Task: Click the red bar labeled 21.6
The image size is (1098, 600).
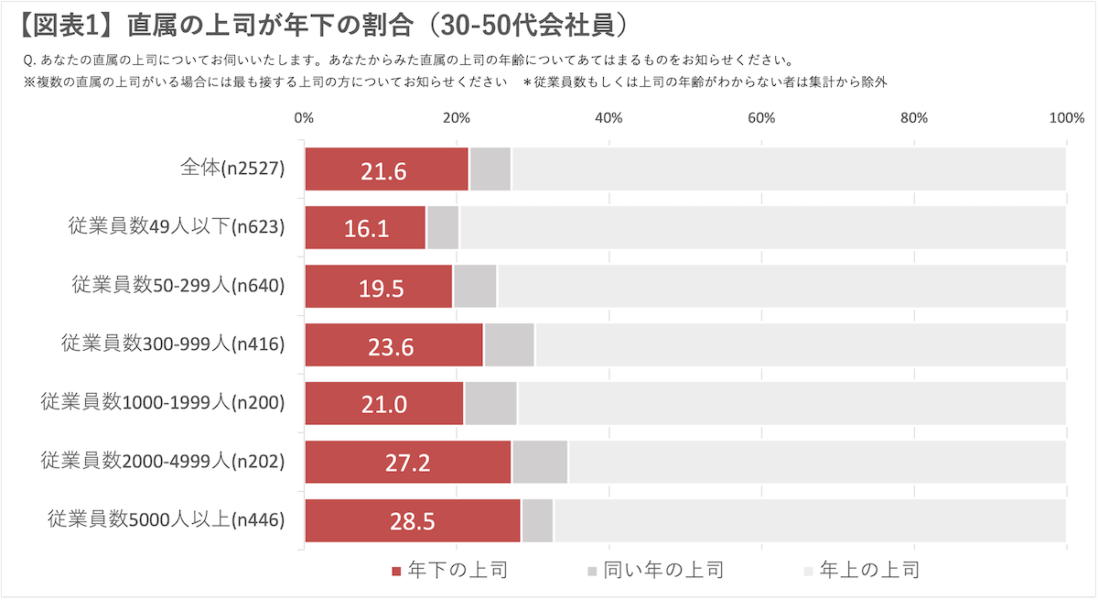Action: click(385, 169)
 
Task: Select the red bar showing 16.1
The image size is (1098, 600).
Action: click(365, 228)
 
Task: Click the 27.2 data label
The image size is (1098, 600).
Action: click(407, 463)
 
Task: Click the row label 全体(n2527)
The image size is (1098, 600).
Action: click(233, 169)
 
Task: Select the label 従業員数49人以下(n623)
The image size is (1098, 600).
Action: click(177, 227)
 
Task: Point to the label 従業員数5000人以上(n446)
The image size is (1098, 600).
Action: click(166, 520)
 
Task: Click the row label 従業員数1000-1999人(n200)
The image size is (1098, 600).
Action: click(163, 403)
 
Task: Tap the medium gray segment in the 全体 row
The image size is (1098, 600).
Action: click(490, 169)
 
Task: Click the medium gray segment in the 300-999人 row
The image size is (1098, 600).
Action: click(509, 345)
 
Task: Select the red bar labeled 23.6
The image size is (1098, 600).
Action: click(393, 345)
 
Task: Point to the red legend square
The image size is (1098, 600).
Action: click(396, 572)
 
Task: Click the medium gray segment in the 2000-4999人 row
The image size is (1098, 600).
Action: click(540, 463)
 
